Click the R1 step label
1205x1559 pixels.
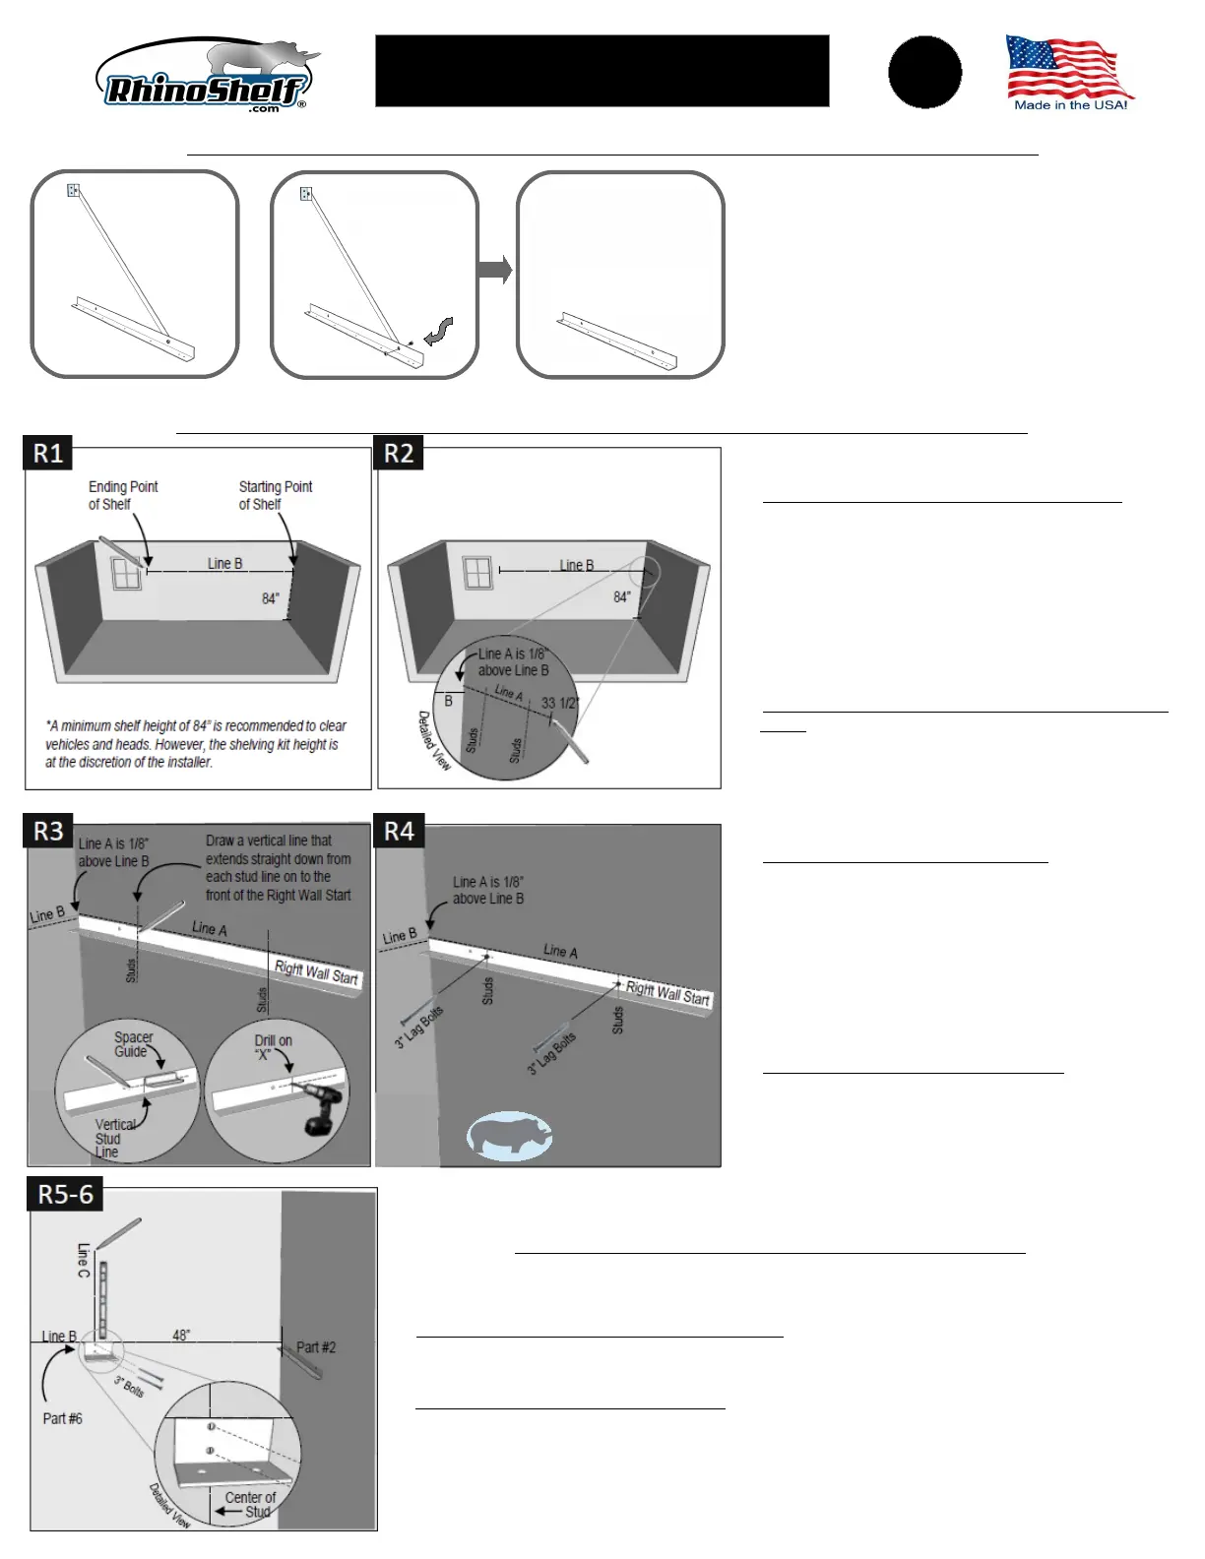[x=48, y=453]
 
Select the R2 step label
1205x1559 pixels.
[x=399, y=453]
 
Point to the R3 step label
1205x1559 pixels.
[x=48, y=832]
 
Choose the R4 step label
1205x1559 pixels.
[x=399, y=832]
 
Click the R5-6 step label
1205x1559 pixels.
[x=65, y=1195]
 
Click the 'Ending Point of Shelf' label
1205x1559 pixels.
[x=122, y=495]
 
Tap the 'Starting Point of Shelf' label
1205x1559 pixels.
[x=275, y=495]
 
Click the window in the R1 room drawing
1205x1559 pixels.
[x=126, y=574]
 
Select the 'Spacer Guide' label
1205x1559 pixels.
[x=133, y=1044]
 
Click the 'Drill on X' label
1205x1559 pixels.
[x=273, y=1047]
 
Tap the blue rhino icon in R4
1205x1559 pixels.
[x=509, y=1137]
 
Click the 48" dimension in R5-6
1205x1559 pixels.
[x=181, y=1336]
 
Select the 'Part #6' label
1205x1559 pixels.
[x=62, y=1418]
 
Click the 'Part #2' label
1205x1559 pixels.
[x=316, y=1347]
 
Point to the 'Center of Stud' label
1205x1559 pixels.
[x=251, y=1504]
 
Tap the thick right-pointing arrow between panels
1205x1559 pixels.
[x=494, y=270]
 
